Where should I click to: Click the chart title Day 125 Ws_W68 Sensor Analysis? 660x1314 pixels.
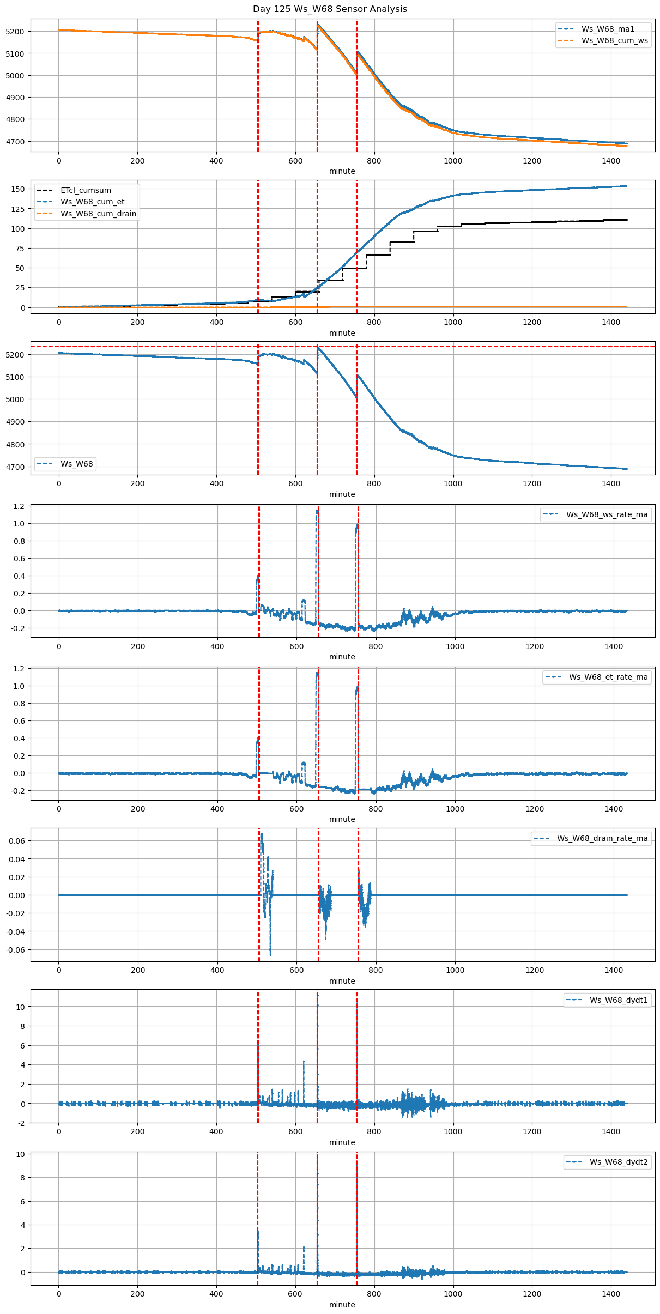click(330, 9)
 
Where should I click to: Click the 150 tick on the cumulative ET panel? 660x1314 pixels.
click(18, 189)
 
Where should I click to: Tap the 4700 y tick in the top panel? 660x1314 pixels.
click(15, 142)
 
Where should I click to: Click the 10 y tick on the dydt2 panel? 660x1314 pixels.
click(21, 1154)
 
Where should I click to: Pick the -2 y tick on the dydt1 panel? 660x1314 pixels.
click(21, 1123)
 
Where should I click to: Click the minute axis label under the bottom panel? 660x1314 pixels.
click(342, 1305)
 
